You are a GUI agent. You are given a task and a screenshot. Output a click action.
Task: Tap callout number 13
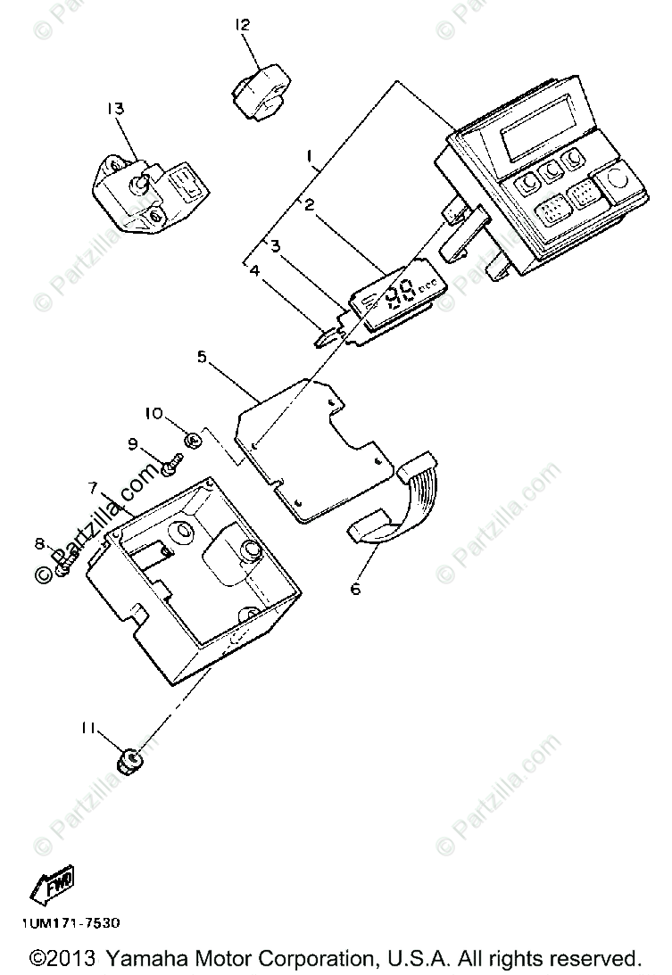(115, 108)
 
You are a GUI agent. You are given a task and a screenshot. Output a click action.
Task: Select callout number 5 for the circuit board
(201, 356)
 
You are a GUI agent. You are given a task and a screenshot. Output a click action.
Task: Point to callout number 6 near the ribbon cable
(356, 590)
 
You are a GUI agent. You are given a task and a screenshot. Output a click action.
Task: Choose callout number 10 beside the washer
(153, 413)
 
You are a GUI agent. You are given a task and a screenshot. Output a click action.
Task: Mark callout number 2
(309, 204)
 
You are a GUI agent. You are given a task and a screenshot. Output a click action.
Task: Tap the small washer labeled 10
(191, 438)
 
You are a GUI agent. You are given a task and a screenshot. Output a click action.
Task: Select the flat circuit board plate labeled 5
(312, 446)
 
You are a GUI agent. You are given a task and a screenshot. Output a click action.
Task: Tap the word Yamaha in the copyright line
(144, 958)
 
